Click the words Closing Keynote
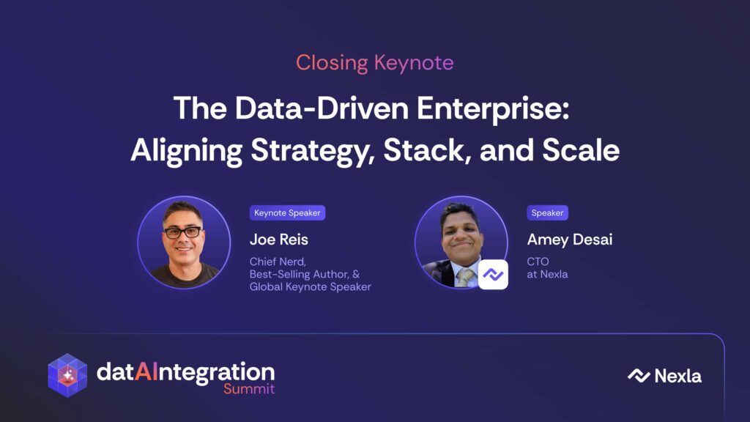click(x=374, y=63)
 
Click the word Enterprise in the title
click(x=493, y=108)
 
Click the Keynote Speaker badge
click(x=287, y=213)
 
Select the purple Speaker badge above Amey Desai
click(x=547, y=213)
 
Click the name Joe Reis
click(x=279, y=240)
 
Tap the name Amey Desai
click(x=569, y=240)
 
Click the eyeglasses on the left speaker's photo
click(x=183, y=232)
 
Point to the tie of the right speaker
click(x=464, y=277)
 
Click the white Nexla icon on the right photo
click(x=493, y=275)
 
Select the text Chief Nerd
click(x=278, y=262)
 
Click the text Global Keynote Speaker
click(x=310, y=286)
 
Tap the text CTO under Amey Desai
click(x=538, y=262)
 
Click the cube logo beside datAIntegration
click(x=67, y=375)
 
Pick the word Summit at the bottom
click(x=249, y=388)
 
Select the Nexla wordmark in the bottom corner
click(x=664, y=376)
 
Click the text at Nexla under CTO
click(x=547, y=274)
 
